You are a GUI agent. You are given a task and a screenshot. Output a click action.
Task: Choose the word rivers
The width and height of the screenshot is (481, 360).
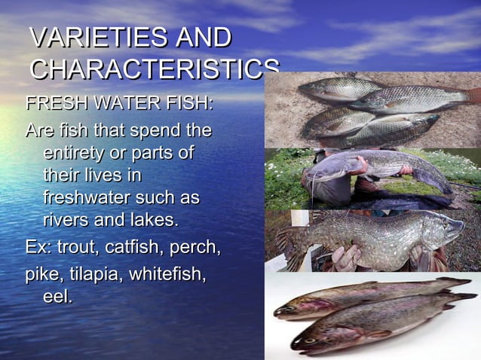(69, 221)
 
